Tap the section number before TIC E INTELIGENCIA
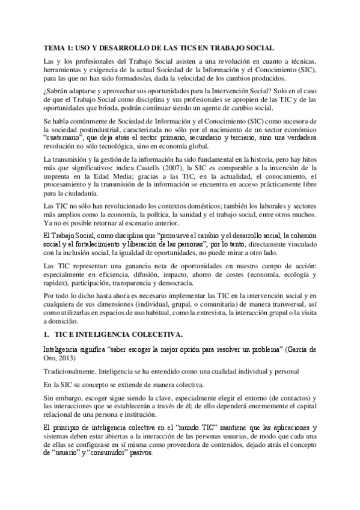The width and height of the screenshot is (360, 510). [x=47, y=334]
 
